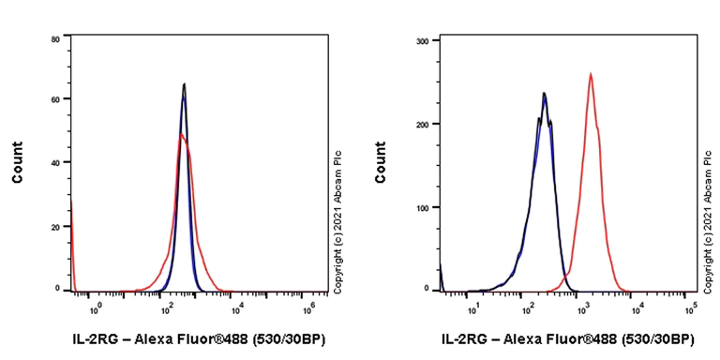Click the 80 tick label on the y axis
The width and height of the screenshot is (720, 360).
[56, 38]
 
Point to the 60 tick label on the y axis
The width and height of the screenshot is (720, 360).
[56, 98]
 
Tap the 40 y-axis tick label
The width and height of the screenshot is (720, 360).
[56, 162]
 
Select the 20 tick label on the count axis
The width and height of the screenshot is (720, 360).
[56, 226]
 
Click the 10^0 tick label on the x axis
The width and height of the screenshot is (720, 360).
[94, 305]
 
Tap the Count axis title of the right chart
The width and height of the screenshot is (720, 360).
[380, 162]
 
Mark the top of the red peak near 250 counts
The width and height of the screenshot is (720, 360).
[591, 74]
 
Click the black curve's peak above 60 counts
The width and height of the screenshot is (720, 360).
[185, 84]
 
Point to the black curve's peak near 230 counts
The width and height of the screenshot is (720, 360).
[544, 93]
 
